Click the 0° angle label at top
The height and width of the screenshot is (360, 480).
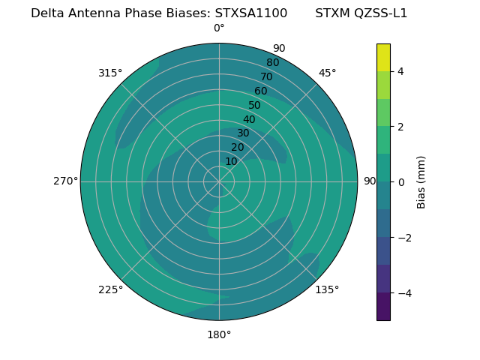219,28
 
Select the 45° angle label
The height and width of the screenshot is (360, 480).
327,73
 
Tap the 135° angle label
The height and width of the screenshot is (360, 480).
327,289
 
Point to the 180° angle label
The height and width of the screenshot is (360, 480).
219,334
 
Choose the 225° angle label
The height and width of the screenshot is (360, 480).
110,289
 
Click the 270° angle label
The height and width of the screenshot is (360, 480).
66,181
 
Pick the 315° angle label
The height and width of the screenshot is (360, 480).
110,73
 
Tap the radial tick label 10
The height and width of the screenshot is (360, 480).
231,161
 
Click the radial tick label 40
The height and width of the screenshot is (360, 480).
249,119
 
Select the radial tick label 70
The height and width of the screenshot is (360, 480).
266,76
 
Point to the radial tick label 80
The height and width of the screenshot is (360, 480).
272,62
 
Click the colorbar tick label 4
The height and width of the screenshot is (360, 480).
400,71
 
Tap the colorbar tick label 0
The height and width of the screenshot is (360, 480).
400,181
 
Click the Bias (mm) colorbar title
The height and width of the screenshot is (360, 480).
421,181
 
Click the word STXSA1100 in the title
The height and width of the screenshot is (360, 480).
251,13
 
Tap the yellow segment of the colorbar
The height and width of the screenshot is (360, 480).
383,57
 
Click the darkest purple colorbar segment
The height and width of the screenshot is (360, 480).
383,307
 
